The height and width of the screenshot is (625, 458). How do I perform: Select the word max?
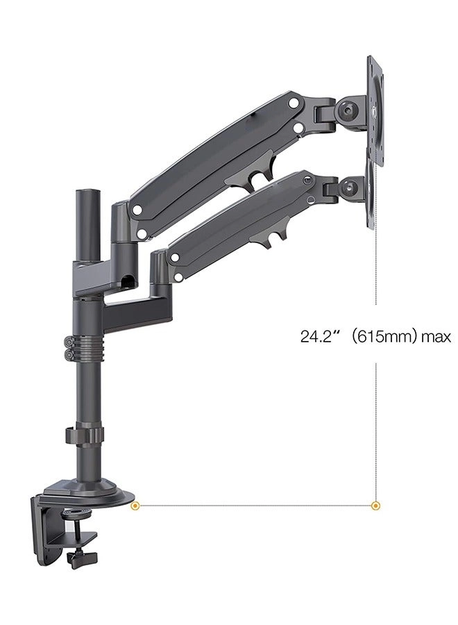click(436, 337)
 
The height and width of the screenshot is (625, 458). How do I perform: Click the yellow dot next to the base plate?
click(136, 506)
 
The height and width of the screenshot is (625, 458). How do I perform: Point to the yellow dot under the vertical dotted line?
click(376, 506)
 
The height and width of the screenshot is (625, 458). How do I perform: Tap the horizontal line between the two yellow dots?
click(257, 506)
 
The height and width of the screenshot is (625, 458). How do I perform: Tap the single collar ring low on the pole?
click(85, 435)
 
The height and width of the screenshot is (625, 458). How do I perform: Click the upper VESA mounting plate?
click(375, 111)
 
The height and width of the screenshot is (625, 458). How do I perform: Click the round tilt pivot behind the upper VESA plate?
click(349, 110)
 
